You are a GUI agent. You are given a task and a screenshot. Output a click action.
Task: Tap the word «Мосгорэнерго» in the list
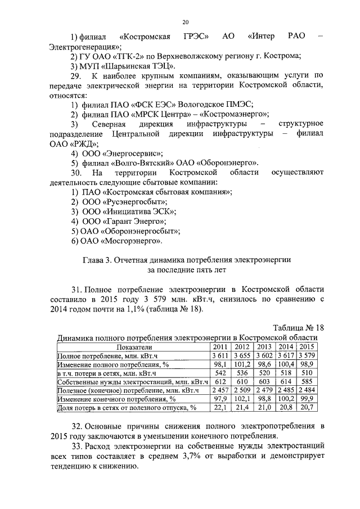click(x=131, y=241)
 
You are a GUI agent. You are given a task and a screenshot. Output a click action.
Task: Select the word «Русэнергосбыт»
click(x=136, y=201)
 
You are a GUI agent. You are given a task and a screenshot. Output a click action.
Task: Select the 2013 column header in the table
click(x=264, y=347)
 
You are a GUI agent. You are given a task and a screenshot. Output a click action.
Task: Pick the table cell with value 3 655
click(x=242, y=355)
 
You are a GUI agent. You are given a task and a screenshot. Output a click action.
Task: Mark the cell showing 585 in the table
click(x=307, y=381)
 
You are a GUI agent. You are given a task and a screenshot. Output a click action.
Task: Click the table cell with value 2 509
click(x=242, y=390)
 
